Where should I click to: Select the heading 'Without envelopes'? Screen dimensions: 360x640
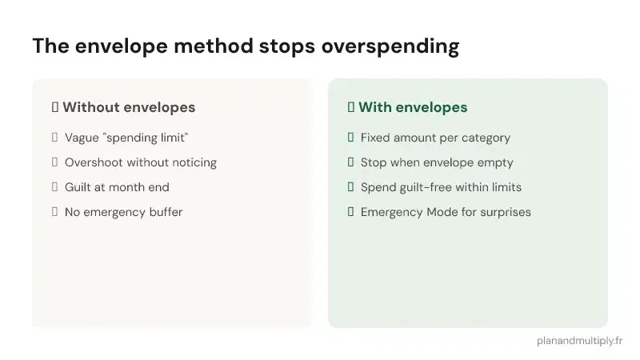[129, 107]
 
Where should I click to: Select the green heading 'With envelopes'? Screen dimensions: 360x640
[413, 107]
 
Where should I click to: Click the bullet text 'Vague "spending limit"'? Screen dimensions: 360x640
[126, 138]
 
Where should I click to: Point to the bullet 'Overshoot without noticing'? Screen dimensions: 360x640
[141, 162]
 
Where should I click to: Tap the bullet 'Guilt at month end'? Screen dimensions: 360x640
[117, 187]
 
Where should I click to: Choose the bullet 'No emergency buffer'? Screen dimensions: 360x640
[124, 212]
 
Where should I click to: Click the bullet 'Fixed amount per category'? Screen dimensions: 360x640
[435, 138]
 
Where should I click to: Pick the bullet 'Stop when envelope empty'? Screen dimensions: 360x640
[437, 162]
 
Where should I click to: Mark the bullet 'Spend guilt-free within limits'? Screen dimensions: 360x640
[441, 187]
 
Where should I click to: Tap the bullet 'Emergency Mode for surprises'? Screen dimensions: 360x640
[446, 212]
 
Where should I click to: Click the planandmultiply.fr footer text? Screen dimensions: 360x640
[580, 340]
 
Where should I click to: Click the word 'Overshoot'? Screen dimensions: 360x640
[94, 162]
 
